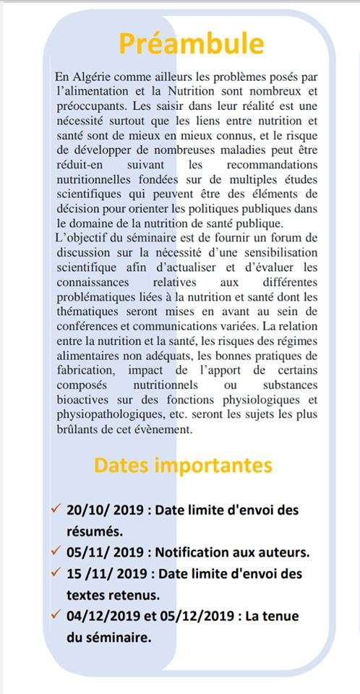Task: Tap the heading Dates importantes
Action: [183, 465]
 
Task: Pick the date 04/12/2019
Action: [101, 616]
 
